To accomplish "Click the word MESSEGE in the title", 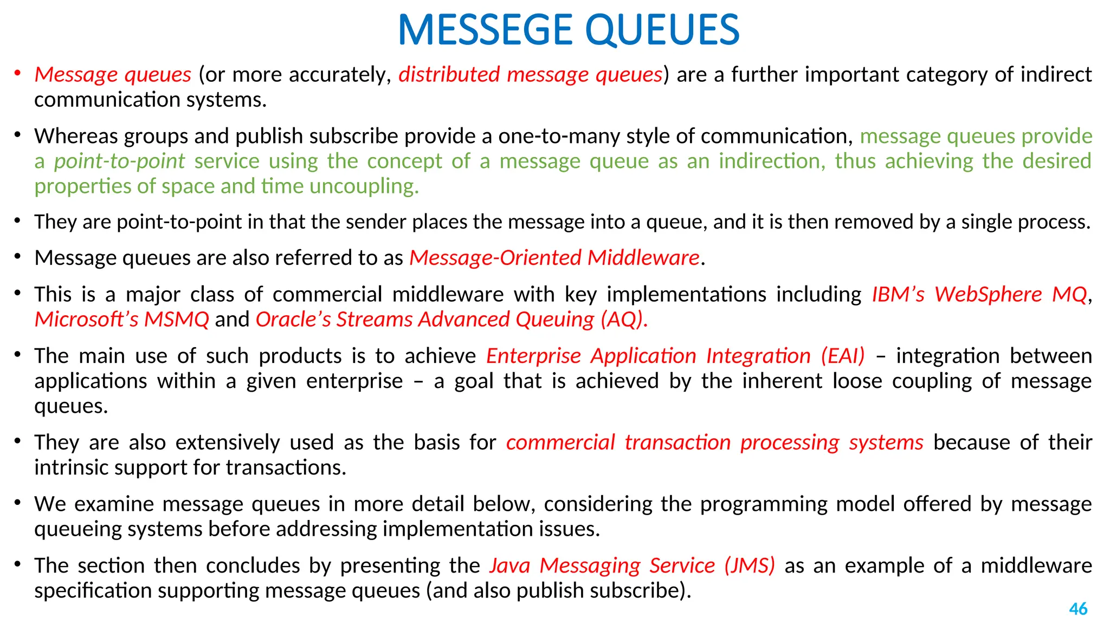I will (x=485, y=30).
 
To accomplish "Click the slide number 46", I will (x=1078, y=609).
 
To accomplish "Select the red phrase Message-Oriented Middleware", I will (x=554, y=258).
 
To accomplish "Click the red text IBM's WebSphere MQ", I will (x=979, y=294).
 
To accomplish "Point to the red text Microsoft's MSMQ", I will (x=121, y=320).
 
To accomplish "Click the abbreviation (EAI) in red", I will (x=842, y=356).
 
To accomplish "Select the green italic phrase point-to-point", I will (x=119, y=161).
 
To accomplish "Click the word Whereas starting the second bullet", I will (x=76, y=136).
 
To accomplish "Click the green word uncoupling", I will (x=363, y=186).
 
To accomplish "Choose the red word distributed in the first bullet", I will (x=449, y=75).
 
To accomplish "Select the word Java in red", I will (x=509, y=565).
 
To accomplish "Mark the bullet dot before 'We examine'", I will (x=18, y=503).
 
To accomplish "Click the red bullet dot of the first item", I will (x=18, y=73).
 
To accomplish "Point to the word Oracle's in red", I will (x=293, y=320).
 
